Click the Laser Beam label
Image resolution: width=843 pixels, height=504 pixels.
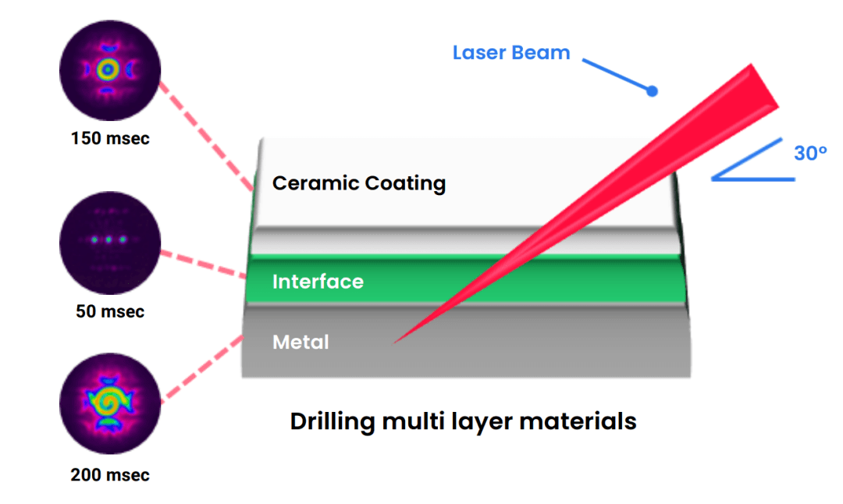click(511, 54)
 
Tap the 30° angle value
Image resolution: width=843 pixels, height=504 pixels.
click(810, 154)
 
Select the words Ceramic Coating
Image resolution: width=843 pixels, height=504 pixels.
click(359, 183)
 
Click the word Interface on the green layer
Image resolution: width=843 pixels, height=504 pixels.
click(318, 282)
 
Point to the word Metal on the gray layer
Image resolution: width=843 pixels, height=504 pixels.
click(301, 342)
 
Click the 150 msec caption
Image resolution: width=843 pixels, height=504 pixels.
click(110, 140)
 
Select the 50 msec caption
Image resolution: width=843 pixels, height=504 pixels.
click(110, 311)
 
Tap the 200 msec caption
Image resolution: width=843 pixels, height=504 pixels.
click(110, 474)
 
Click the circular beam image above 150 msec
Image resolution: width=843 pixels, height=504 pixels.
click(110, 71)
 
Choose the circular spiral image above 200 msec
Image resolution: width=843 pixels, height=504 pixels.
click(110, 403)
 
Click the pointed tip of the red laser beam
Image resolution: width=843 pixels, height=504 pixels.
click(397, 342)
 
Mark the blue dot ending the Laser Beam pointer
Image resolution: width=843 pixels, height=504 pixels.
click(653, 92)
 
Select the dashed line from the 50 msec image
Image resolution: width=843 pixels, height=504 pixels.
click(203, 264)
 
